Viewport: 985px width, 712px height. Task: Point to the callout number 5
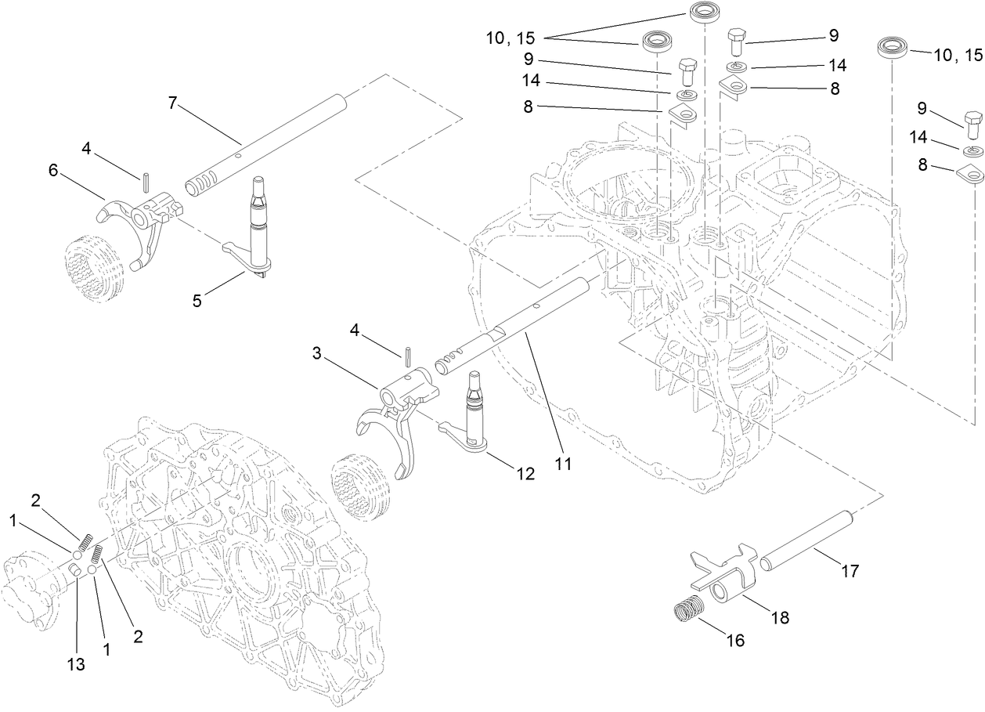pyautogui.click(x=197, y=300)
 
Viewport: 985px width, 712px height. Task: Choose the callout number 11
pyautogui.click(x=563, y=463)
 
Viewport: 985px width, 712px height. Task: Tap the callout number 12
pyautogui.click(x=525, y=473)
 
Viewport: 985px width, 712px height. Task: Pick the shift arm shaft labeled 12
pyautogui.click(x=475, y=415)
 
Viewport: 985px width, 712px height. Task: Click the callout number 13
pyautogui.click(x=75, y=664)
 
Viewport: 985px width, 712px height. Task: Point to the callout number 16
pyautogui.click(x=734, y=640)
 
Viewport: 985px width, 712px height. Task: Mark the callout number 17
pyautogui.click(x=850, y=572)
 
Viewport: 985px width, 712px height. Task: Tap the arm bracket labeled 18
pyautogui.click(x=724, y=576)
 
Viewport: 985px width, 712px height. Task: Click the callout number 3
pyautogui.click(x=317, y=354)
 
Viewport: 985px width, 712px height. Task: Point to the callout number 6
pyautogui.click(x=53, y=170)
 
